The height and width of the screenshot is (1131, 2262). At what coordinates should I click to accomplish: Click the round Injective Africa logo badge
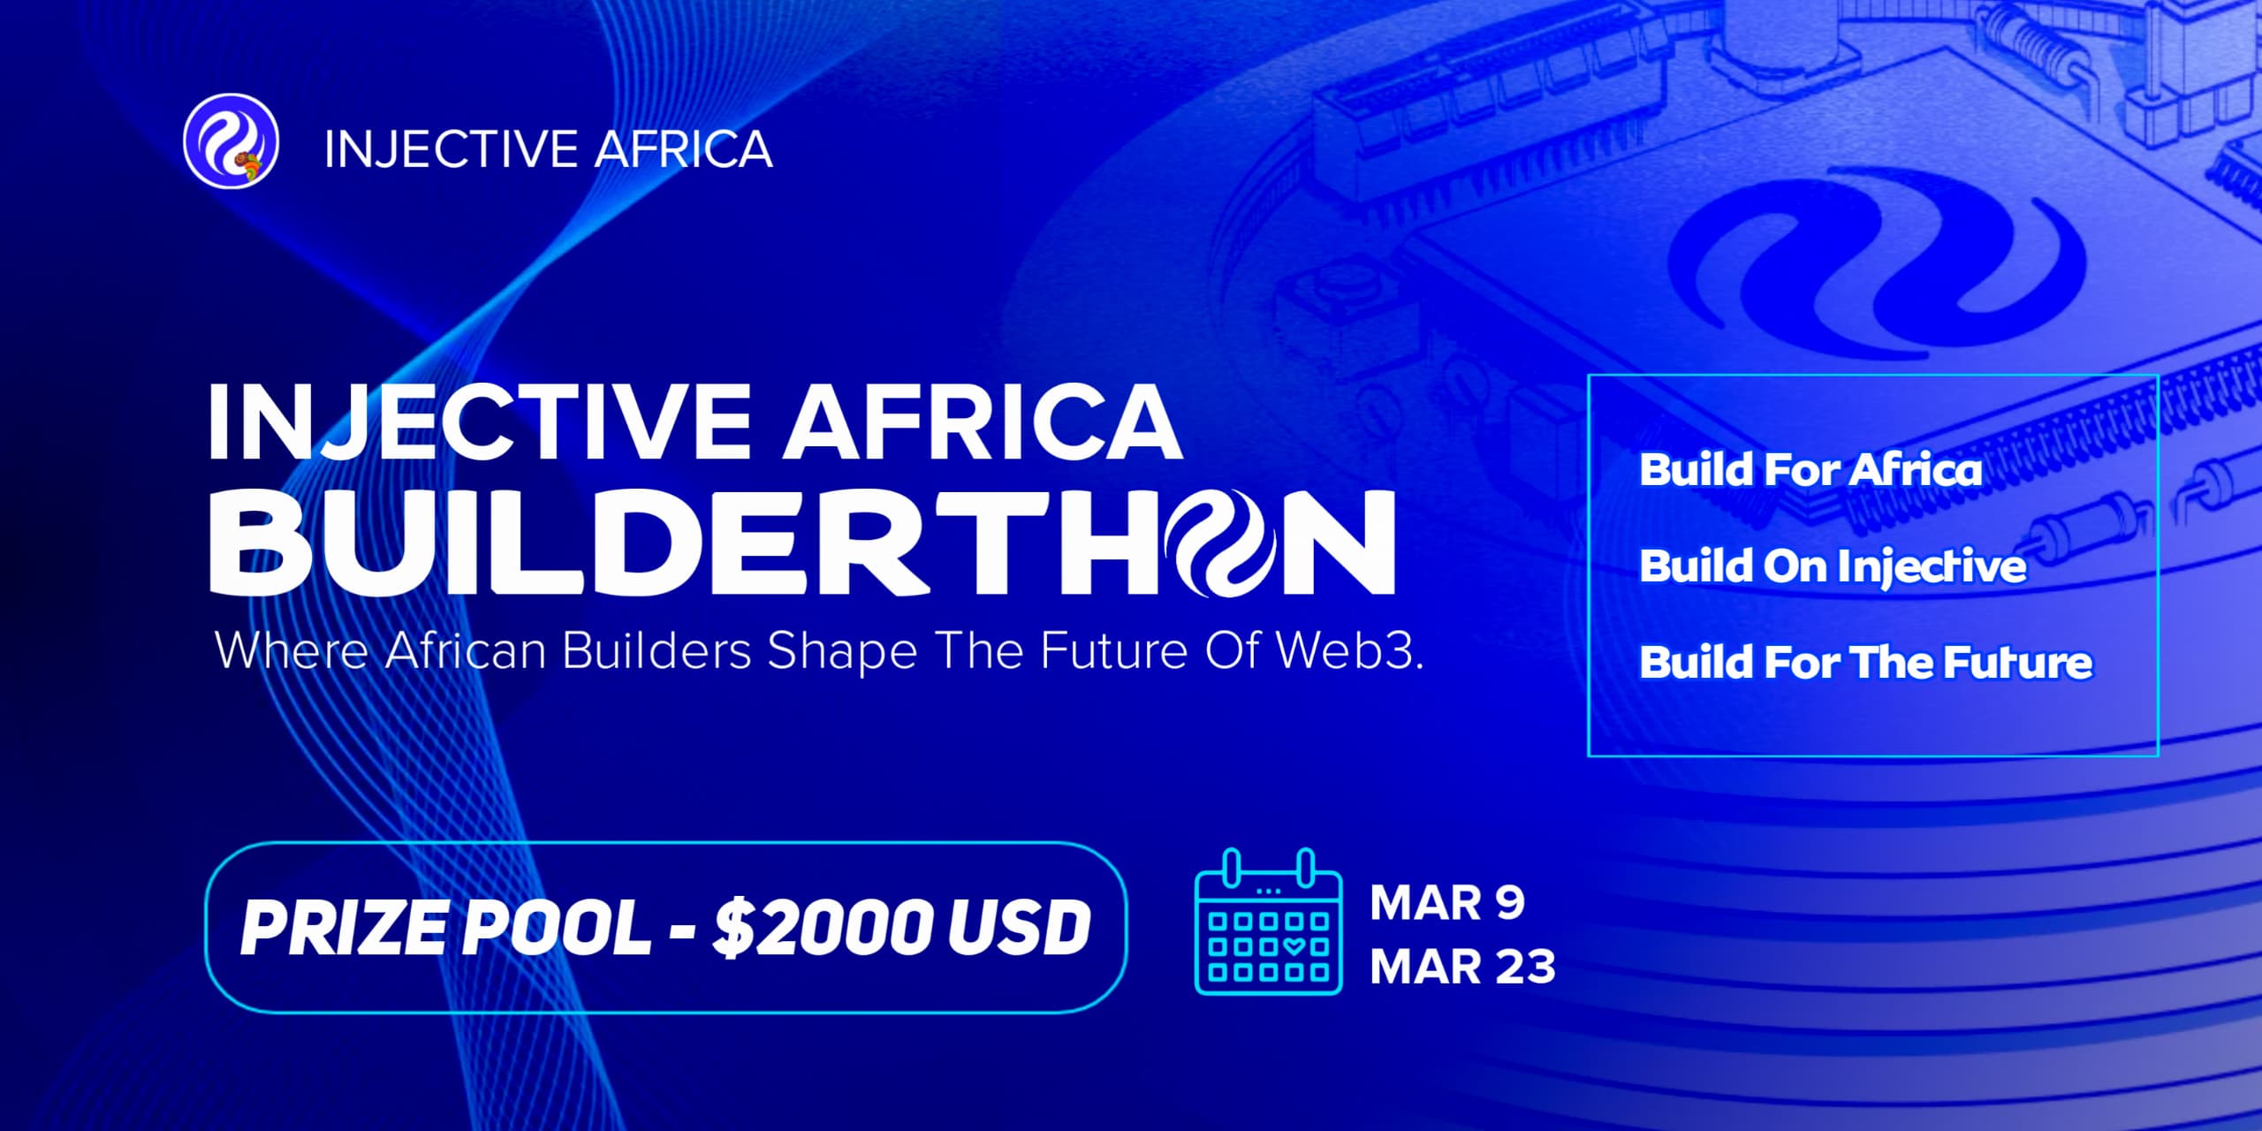click(x=231, y=141)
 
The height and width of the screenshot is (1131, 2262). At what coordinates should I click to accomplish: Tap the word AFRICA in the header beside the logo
click(x=683, y=148)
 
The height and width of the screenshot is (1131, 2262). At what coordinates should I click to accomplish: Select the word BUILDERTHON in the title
click(x=802, y=542)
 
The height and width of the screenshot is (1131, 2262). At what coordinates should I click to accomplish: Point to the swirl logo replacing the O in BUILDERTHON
click(x=1225, y=542)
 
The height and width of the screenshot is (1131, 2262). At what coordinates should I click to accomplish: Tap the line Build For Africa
click(x=1810, y=469)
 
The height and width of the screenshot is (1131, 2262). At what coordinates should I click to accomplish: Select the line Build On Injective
click(x=1833, y=566)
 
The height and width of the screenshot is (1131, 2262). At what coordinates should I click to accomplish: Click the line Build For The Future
click(x=1866, y=663)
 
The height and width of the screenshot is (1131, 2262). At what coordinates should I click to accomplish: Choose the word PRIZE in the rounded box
click(x=344, y=928)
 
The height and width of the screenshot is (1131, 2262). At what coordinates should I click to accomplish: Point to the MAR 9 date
click(x=1447, y=903)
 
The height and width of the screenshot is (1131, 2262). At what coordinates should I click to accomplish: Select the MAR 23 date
click(x=1462, y=967)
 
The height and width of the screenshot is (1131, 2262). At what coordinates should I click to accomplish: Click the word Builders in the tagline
click(x=657, y=650)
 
